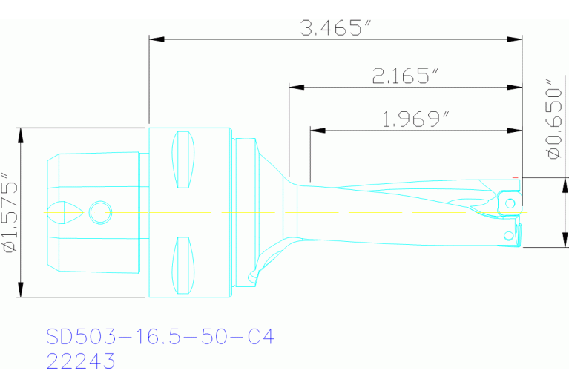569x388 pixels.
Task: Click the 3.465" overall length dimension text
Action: click(335, 28)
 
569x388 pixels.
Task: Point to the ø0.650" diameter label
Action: click(553, 119)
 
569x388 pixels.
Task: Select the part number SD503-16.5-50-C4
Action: click(160, 338)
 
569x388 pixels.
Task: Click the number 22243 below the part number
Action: click(81, 361)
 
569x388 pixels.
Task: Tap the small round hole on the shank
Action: click(98, 212)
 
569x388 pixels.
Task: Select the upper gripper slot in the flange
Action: click(182, 159)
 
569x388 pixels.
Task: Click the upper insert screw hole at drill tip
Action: click(510, 202)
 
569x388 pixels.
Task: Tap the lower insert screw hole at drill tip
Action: click(508, 236)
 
